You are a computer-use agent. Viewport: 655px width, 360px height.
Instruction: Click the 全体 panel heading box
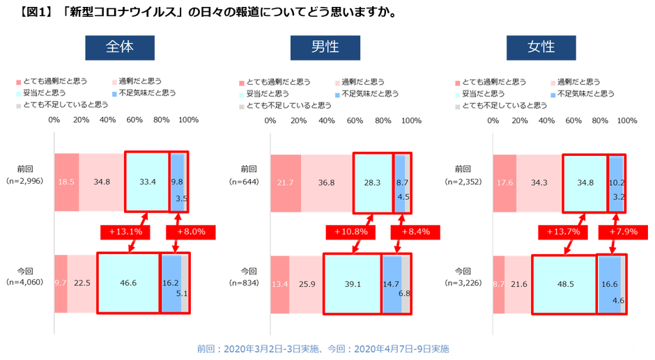119,47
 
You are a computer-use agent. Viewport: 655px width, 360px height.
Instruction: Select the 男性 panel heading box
325,47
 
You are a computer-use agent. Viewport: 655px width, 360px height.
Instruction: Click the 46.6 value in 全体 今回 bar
128,283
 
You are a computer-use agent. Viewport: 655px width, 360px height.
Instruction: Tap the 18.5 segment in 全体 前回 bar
66,181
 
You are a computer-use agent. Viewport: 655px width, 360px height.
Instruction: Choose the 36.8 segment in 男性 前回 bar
327,181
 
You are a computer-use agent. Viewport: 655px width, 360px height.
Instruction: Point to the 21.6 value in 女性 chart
519,283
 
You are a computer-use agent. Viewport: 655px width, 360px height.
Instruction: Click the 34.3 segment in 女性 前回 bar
539,181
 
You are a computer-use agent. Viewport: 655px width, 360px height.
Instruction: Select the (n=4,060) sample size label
25,283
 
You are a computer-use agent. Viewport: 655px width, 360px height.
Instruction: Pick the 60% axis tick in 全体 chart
135,120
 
